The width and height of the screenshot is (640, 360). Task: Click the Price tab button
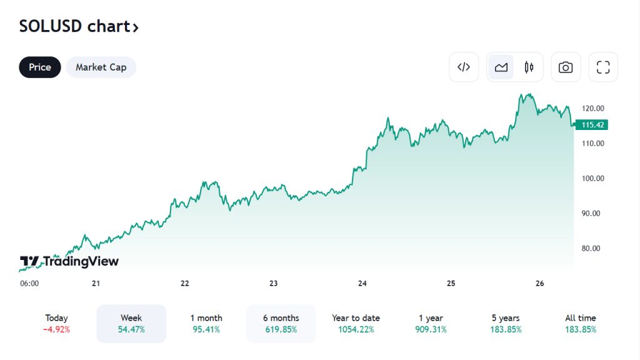tap(40, 67)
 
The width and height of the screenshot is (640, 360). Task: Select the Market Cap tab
tap(101, 67)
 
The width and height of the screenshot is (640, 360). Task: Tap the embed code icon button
tap(464, 67)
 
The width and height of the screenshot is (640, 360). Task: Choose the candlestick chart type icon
tap(529, 67)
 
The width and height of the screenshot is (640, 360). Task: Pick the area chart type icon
tap(501, 67)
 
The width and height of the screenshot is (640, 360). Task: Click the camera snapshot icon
tap(566, 67)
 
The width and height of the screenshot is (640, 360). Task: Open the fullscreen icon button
tap(602, 67)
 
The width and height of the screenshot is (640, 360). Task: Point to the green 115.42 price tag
tap(592, 125)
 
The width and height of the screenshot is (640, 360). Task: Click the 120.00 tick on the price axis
tap(592, 108)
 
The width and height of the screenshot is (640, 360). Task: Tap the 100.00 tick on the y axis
tap(592, 178)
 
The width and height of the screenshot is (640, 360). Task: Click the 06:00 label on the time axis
tap(29, 283)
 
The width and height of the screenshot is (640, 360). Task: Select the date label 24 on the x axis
tap(362, 283)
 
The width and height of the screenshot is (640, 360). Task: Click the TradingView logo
tap(69, 261)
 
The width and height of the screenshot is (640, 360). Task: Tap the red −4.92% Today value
tap(56, 329)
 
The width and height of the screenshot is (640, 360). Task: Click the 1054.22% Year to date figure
tap(356, 329)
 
